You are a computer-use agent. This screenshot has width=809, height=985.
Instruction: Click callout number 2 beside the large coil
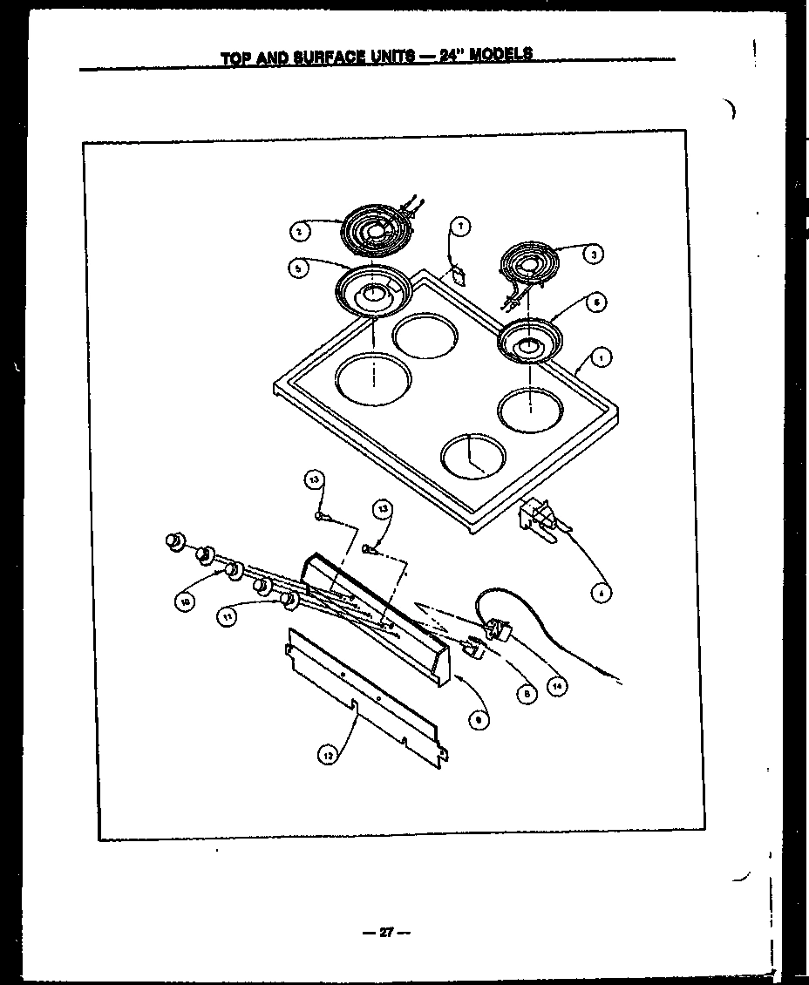tap(298, 231)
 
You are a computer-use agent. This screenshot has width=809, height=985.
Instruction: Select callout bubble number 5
tap(298, 269)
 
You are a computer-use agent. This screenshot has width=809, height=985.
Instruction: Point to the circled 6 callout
tap(595, 302)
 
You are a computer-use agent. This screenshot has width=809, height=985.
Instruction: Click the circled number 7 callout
tap(461, 227)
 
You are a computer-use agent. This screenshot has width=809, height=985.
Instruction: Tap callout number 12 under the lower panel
tap(326, 757)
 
